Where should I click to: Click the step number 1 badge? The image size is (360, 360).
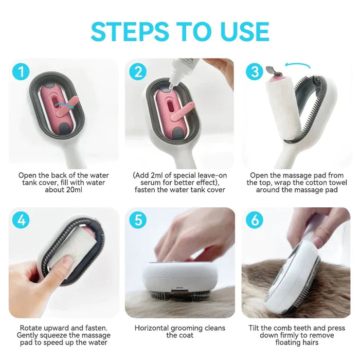tap(21, 71)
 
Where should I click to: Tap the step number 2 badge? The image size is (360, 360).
tap(137, 71)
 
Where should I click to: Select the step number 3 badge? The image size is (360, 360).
tap(254, 71)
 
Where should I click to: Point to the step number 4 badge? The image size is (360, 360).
tap(21, 220)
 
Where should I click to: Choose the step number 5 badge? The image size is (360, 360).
tap(137, 220)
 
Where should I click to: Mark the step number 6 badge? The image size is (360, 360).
tap(254, 220)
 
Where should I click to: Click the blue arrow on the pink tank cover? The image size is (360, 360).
tap(64, 105)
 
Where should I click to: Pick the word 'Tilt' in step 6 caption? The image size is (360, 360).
tap(258, 328)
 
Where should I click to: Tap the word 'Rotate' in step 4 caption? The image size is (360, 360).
tap(31, 328)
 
